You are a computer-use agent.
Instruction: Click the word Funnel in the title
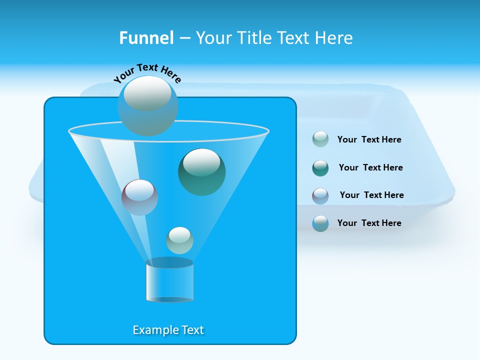coord(146,38)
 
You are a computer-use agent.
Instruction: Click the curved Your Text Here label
coord(147,73)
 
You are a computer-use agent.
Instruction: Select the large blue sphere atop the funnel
coord(147,105)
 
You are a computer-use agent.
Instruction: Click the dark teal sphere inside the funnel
coord(201,171)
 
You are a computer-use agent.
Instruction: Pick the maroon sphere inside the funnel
coord(139,197)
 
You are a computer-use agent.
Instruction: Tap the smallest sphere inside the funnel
coord(179,240)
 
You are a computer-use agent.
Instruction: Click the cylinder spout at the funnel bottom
coord(169,281)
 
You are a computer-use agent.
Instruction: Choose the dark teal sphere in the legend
coord(320,168)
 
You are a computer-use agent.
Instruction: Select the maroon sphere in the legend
coord(320,196)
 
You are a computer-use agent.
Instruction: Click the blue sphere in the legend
coord(320,223)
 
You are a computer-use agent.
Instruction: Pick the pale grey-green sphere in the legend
coord(320,139)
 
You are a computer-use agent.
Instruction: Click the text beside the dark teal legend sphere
coord(370,167)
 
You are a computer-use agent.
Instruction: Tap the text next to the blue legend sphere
coord(369,223)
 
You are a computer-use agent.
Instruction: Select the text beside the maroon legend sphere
coord(371,195)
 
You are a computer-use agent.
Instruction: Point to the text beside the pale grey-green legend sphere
coord(369,139)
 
